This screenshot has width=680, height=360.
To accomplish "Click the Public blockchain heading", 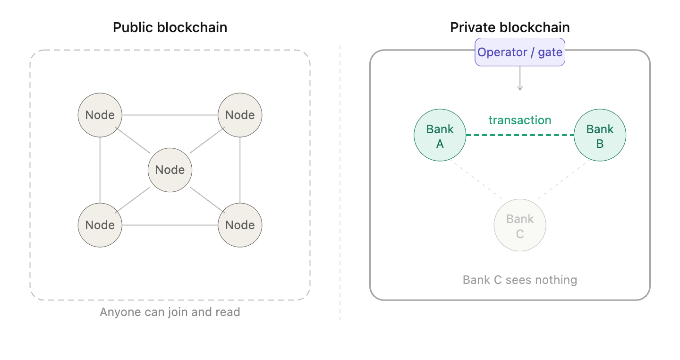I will [x=170, y=27].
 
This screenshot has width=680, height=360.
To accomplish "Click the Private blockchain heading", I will [x=510, y=27].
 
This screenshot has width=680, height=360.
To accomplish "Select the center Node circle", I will [x=170, y=170].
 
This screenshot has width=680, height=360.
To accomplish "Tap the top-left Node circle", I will [x=100, y=115].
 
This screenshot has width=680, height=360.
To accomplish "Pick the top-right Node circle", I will [x=240, y=115].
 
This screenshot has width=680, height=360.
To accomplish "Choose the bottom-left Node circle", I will [x=100, y=225].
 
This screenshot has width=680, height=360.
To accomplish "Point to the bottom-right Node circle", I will [x=240, y=225].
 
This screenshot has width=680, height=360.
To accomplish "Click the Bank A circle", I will [x=440, y=136].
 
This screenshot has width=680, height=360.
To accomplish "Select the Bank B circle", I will [x=600, y=136].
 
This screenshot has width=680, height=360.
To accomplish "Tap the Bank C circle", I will [x=520, y=226].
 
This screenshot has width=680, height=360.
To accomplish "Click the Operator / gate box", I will [x=519, y=52].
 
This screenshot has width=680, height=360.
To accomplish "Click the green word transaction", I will [x=519, y=120].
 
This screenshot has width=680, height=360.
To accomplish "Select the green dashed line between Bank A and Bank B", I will [x=519, y=135].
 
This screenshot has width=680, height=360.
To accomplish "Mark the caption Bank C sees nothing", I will [x=519, y=280].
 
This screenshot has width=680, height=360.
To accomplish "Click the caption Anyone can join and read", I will [x=170, y=312].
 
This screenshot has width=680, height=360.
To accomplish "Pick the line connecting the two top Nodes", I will [x=170, y=115].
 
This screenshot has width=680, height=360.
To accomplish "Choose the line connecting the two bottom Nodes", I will [x=170, y=225].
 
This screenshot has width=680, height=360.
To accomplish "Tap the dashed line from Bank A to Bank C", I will [x=476, y=180].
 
